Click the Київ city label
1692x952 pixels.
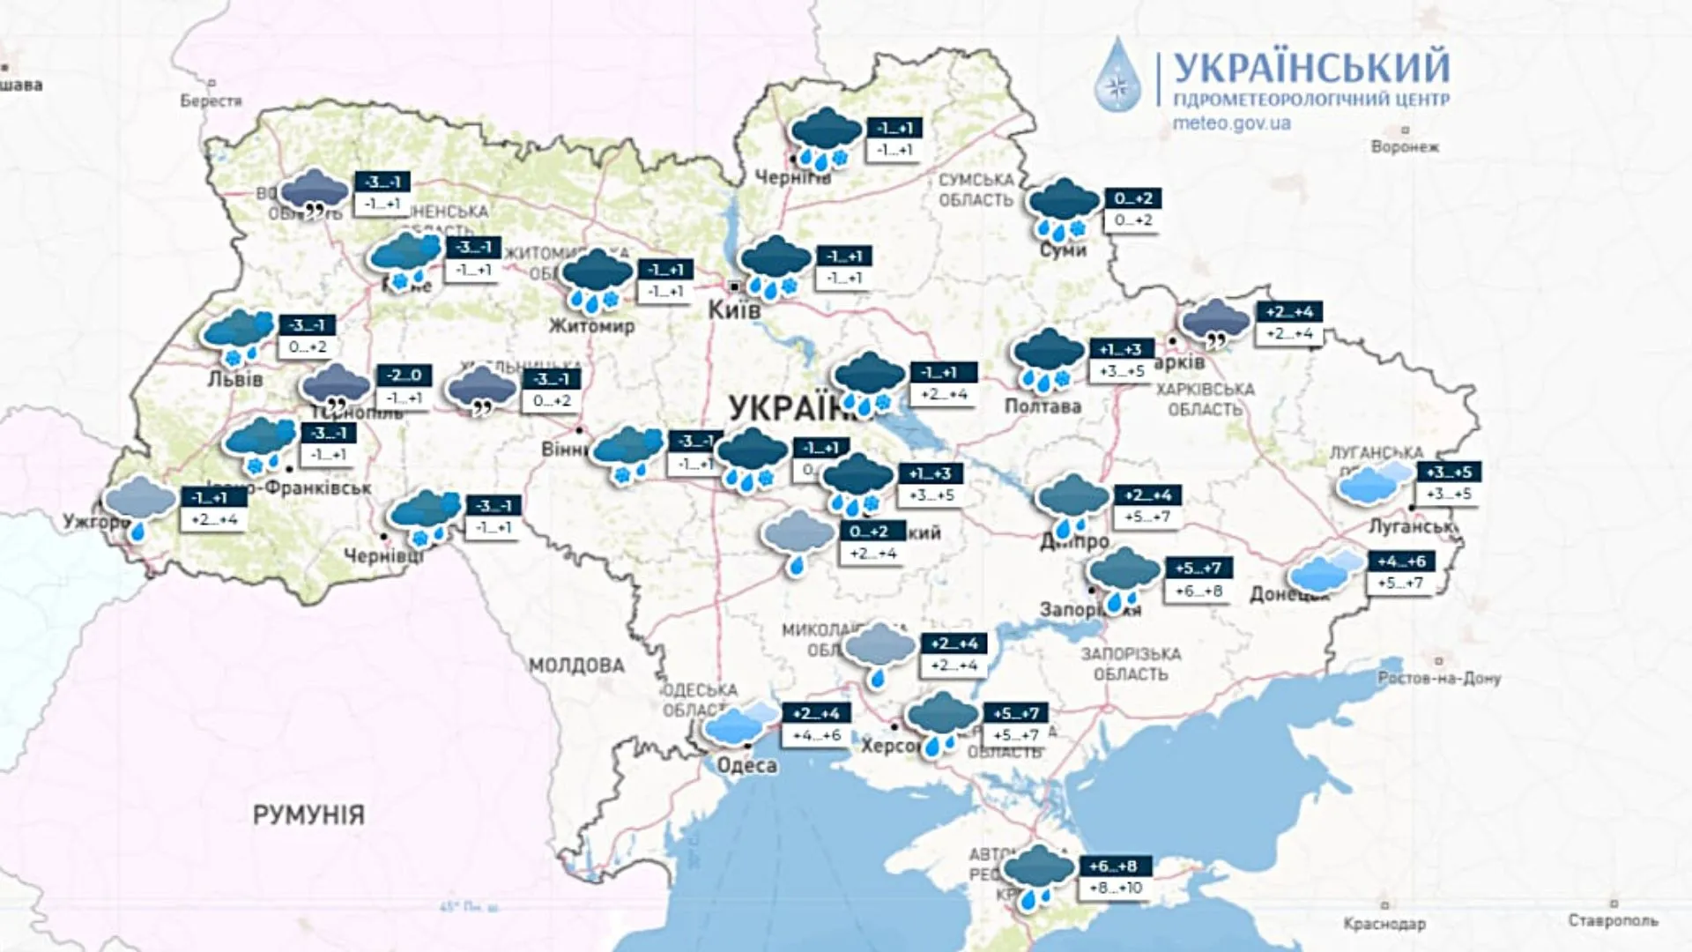[734, 310]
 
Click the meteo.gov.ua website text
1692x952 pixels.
[1231, 123]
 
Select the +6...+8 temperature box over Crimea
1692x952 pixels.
[1113, 866]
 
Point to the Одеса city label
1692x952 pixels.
[746, 765]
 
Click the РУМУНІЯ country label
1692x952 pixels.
[308, 814]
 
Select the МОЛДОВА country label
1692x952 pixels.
[576, 666]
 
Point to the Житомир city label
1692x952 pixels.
[591, 326]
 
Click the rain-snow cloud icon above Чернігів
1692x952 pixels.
[825, 137]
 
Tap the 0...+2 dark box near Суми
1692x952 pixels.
[1132, 198]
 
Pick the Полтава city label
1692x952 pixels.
[1043, 406]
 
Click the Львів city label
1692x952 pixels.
[235, 380]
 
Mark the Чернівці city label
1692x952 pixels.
[382, 556]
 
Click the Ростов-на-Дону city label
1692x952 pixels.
[1439, 678]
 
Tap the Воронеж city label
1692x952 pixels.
[1405, 146]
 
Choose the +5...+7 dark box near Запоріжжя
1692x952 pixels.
[1198, 568]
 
